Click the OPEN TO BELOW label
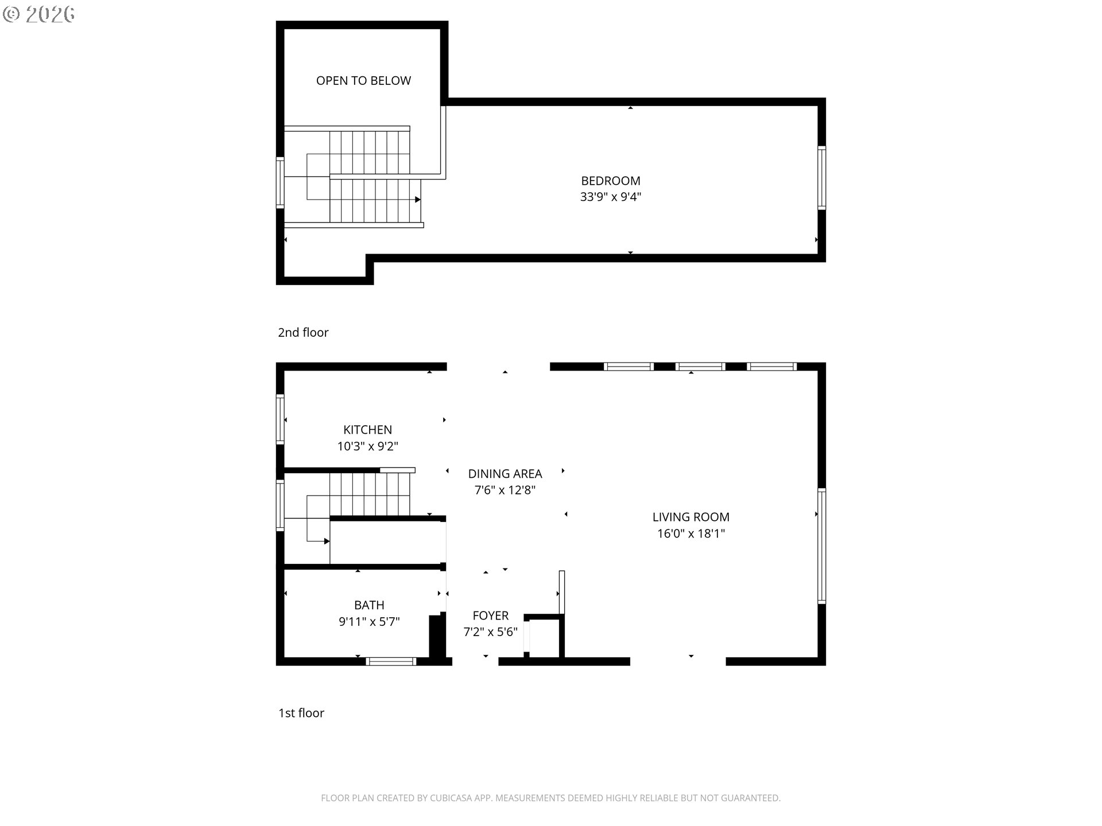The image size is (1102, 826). click(x=363, y=81)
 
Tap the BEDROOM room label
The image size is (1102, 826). click(x=611, y=181)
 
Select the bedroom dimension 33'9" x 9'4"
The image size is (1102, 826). click(x=611, y=197)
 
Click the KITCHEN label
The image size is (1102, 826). click(x=367, y=430)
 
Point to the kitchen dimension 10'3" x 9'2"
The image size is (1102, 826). click(x=367, y=446)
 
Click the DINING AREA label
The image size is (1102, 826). click(x=505, y=474)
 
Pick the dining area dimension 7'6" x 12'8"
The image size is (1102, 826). click(x=505, y=490)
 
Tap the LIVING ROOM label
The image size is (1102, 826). click(x=691, y=517)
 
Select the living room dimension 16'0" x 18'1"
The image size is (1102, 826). click(x=691, y=533)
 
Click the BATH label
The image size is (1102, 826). click(x=369, y=605)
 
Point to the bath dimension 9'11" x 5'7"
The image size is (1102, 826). click(x=369, y=621)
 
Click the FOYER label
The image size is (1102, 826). click(x=491, y=615)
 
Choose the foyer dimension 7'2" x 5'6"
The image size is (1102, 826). click(x=491, y=632)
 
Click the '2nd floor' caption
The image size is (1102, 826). click(x=303, y=333)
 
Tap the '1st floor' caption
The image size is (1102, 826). click(x=301, y=713)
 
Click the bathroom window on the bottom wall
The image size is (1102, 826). click(x=391, y=661)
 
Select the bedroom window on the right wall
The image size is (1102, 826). click(x=821, y=178)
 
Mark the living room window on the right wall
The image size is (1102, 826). click(x=821, y=546)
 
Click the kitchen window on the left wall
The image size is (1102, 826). click(x=280, y=419)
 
